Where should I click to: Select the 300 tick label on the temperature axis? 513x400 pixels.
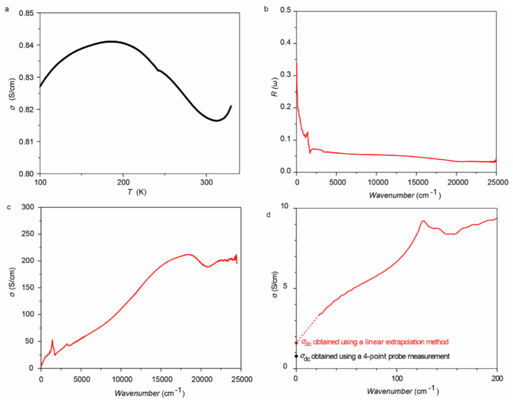click(x=207, y=182)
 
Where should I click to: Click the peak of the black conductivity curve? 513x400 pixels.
click(x=111, y=41)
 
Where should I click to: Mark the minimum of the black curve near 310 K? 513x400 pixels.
click(x=217, y=121)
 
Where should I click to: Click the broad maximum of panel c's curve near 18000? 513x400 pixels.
click(x=189, y=254)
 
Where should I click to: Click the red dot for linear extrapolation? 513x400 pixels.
click(x=296, y=343)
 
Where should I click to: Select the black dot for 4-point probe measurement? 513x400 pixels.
click(x=296, y=356)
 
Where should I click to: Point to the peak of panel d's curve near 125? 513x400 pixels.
click(x=423, y=221)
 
